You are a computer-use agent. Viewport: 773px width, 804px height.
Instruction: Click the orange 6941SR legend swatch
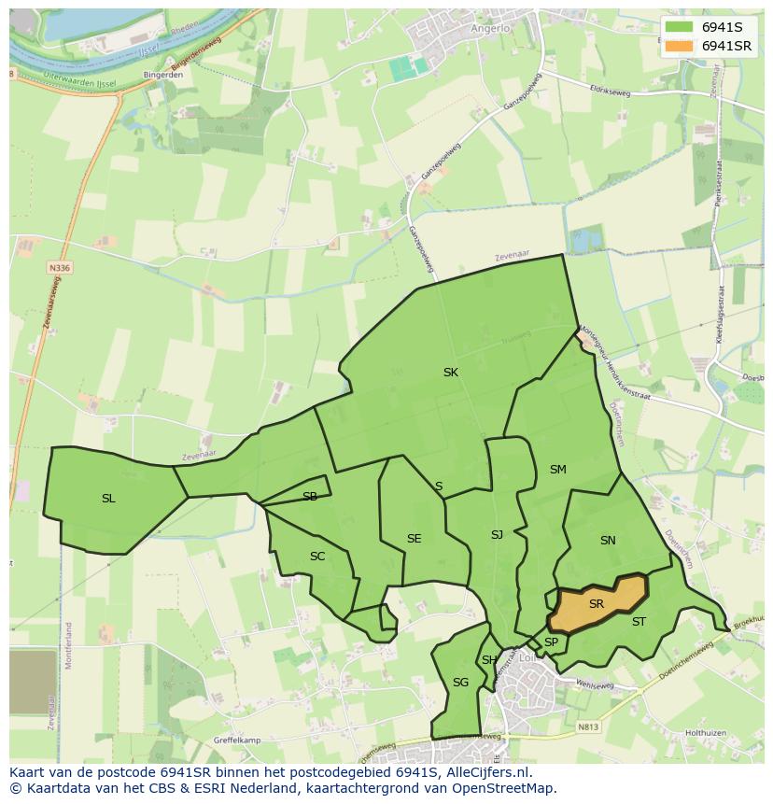[680, 46]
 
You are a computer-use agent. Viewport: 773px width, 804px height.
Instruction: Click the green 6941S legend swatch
[680, 26]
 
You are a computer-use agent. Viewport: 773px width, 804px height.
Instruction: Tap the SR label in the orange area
[597, 604]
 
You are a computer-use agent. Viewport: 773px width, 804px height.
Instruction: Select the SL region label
[108, 499]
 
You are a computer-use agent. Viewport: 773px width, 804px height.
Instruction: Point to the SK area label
[451, 373]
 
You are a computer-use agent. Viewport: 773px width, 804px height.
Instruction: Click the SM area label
[557, 470]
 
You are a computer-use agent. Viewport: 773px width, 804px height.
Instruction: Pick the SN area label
[608, 541]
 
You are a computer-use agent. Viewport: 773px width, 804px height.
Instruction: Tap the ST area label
[639, 622]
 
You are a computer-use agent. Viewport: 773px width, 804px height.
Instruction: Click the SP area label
[551, 642]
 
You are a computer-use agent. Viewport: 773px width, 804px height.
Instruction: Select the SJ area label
[497, 535]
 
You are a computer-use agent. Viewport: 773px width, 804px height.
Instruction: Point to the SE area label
[414, 539]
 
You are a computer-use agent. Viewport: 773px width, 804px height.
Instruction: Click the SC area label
[317, 557]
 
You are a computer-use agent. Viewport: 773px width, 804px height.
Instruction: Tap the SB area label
[310, 497]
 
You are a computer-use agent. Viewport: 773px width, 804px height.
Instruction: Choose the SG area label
[460, 683]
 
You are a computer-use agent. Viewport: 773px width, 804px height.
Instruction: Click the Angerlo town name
[491, 28]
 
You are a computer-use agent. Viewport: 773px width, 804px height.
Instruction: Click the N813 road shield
[587, 726]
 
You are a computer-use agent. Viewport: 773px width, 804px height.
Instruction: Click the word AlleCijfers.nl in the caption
[486, 772]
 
